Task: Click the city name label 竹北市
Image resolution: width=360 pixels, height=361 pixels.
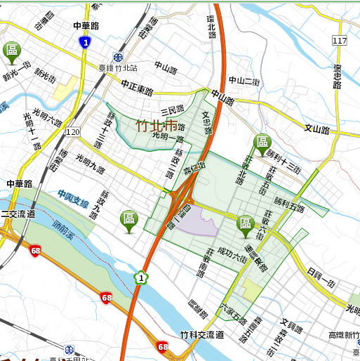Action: point(156,126)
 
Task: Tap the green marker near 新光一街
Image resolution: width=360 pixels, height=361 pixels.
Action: point(12,51)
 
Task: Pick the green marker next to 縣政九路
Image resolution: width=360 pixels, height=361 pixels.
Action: point(128,219)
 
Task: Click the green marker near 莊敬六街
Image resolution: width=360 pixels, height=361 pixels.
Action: point(246,224)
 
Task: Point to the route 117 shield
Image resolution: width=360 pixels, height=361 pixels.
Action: point(340,41)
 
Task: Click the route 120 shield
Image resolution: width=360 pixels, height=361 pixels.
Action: point(73,131)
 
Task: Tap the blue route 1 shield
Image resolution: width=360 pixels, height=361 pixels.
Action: point(85,43)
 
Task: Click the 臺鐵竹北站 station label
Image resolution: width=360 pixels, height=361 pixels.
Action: point(115,68)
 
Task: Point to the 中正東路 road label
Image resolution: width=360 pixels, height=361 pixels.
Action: point(136,88)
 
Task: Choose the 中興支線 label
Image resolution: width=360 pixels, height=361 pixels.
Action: point(73,199)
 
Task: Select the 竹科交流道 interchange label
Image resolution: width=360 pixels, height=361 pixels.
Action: point(201,335)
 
